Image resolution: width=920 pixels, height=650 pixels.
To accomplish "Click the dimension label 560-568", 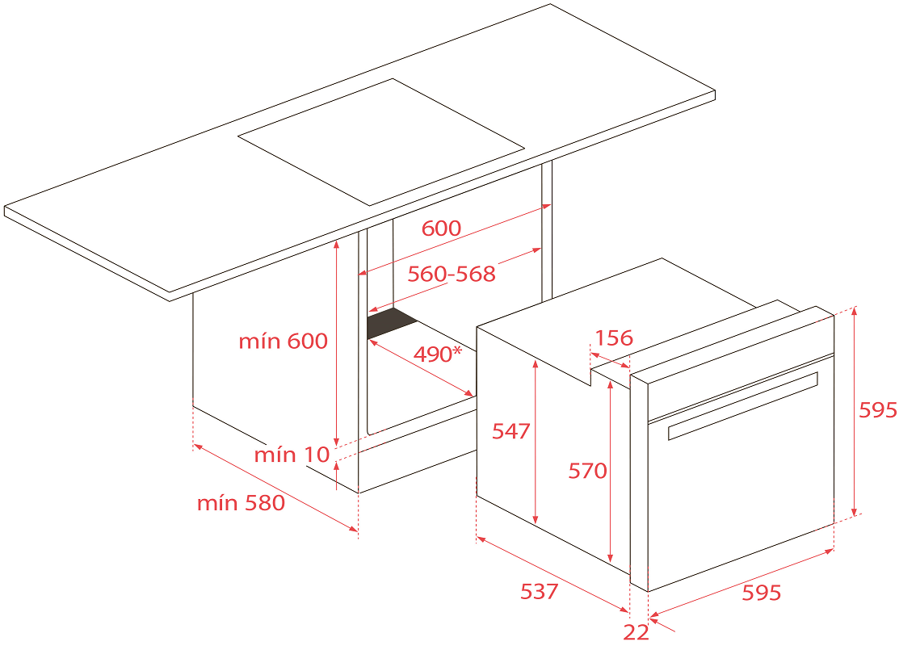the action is pos(452,274).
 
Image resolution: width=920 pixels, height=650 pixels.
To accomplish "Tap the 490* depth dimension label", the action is pos(438,354).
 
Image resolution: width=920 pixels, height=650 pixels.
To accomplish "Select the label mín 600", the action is pos(283,341).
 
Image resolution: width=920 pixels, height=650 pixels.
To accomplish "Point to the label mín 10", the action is pos(292,454).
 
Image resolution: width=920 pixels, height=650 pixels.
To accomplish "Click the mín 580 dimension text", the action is pos(241,503).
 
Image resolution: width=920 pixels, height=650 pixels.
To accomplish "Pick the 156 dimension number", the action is pos(614,338).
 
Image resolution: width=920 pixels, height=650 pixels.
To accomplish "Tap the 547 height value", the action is pos(510,431).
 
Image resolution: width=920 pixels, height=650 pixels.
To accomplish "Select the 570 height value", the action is pos(587,471).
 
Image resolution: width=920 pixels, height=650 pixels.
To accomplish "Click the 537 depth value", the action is pos(540,591).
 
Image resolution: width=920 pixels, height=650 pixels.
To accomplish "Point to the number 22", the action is pos(636,632).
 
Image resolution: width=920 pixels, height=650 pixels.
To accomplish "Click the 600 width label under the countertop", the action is pos(441,229).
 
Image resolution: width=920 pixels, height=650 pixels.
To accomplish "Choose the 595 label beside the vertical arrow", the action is pos(878,410).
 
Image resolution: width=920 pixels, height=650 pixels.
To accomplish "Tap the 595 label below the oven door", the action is pos(762,593).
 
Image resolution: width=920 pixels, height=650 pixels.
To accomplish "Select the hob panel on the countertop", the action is pos(380,142).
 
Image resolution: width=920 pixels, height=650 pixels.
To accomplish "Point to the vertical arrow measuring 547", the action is pos(535,441).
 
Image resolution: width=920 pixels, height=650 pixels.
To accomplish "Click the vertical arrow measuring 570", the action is pos(610,472).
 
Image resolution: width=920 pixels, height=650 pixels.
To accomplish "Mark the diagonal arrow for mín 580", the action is pos(275,488).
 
